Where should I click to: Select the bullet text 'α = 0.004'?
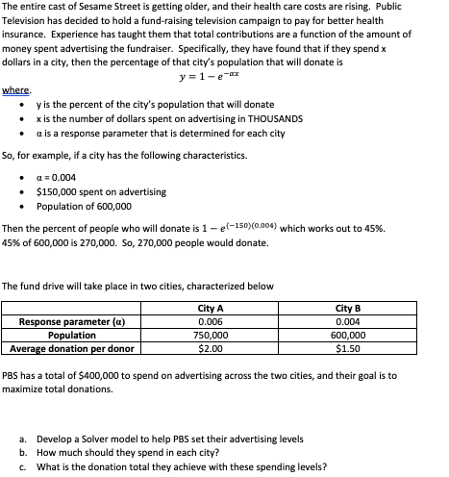point(55,177)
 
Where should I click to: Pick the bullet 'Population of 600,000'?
point(84,205)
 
